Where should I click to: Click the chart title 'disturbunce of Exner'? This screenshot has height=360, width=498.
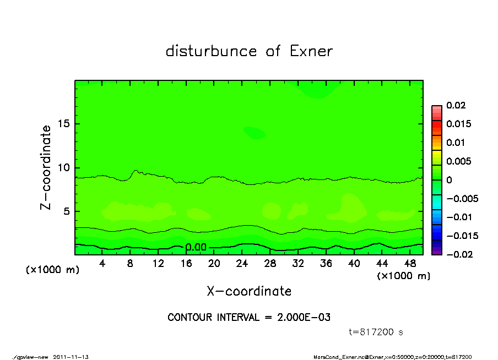tap(249, 51)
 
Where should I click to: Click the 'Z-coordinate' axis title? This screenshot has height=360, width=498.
tap(46, 167)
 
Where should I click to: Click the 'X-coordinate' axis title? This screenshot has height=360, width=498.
tap(249, 291)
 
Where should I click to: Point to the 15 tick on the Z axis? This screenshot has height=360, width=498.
tap(64, 124)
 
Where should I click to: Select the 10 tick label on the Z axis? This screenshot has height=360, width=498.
tap(64, 167)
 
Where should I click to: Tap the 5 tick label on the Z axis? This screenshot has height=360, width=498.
tap(67, 211)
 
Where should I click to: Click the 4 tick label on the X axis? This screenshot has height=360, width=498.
tap(102, 264)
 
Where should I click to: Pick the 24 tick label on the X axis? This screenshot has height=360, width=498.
tap(242, 264)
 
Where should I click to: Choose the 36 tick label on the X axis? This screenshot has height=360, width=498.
tap(326, 264)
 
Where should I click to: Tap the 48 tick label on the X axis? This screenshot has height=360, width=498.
tap(409, 264)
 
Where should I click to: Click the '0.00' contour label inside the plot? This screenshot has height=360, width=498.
tap(196, 247)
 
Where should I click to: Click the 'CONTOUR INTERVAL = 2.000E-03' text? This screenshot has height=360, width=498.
tap(249, 318)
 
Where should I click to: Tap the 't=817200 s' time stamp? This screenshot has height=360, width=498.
tap(376, 332)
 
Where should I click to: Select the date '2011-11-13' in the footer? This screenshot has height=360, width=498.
tap(71, 357)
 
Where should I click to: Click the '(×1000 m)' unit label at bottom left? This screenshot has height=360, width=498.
tap(53, 270)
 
